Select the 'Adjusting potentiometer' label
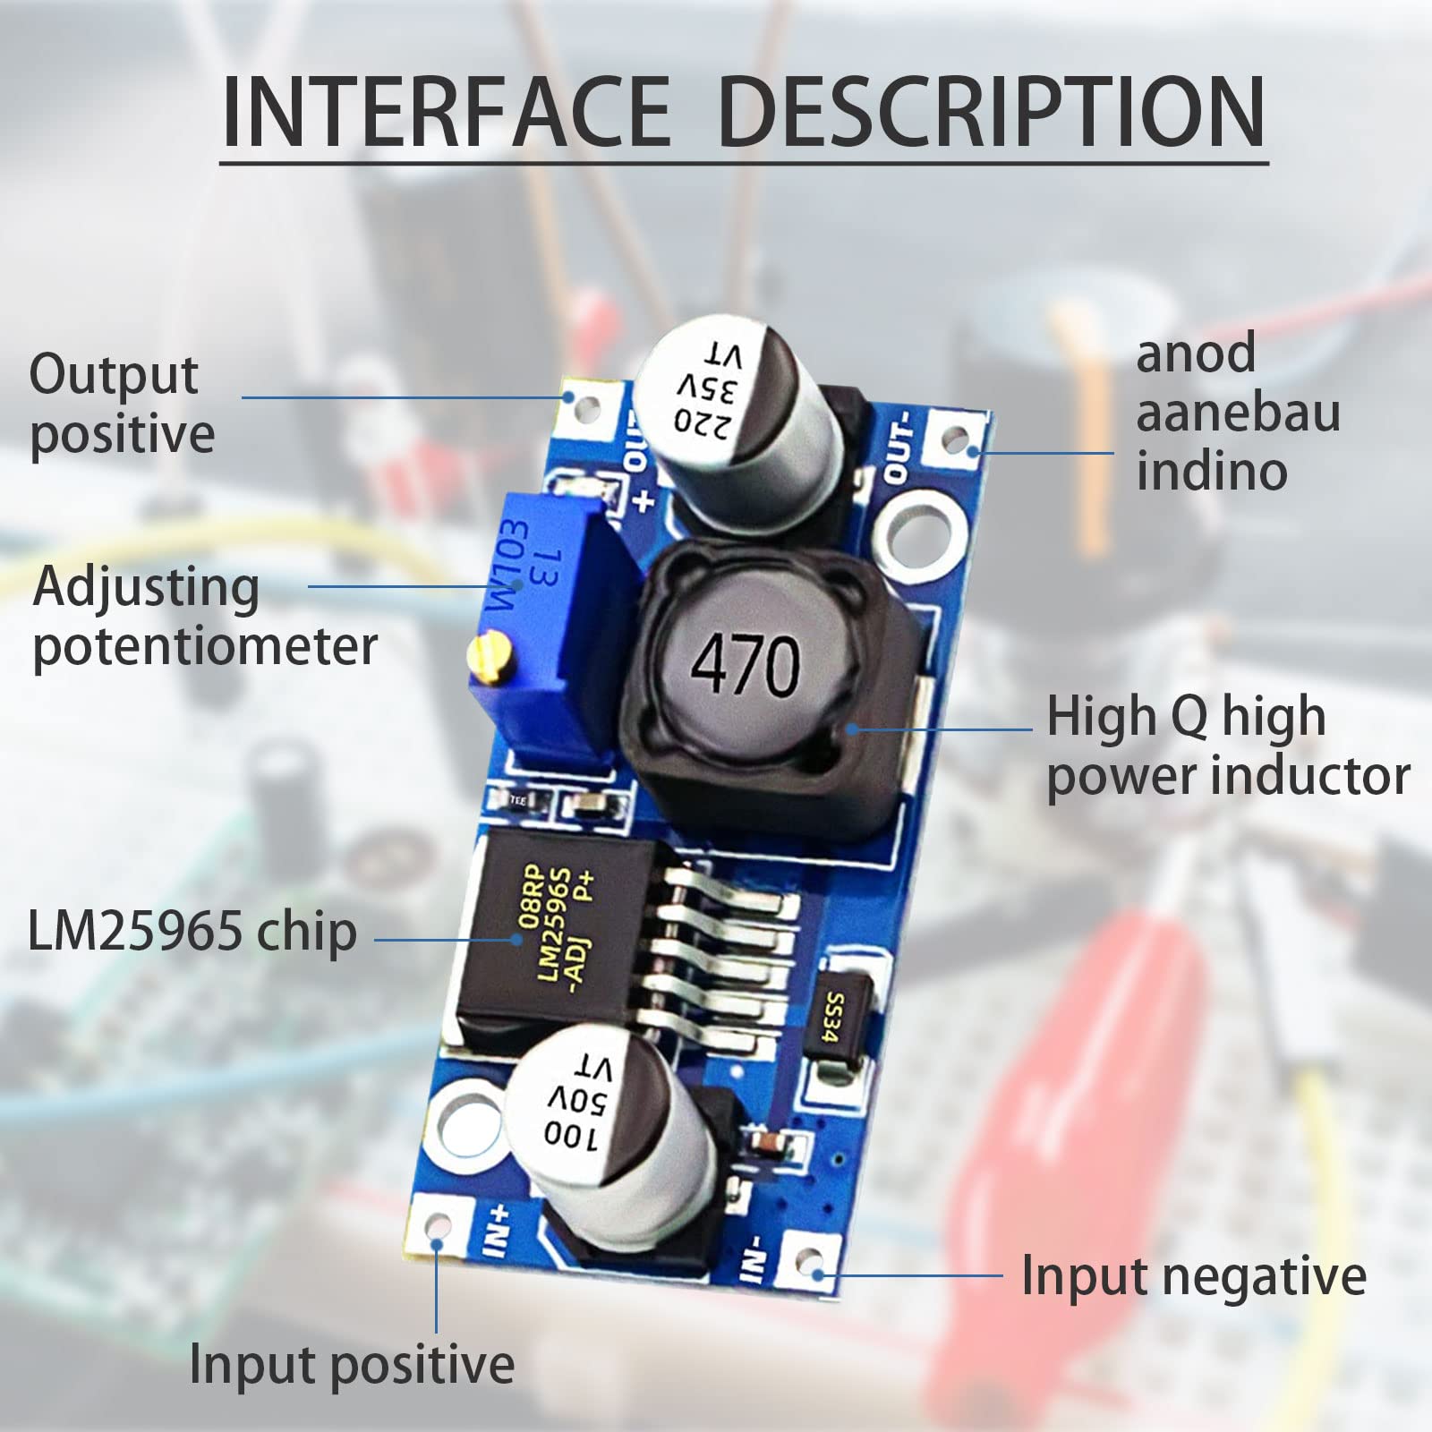click(x=204, y=617)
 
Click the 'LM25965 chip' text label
click(x=192, y=932)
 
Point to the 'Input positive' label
click(x=352, y=1365)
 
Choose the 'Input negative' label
click(x=1193, y=1275)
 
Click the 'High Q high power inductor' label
click(x=1227, y=746)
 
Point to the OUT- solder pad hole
click(x=956, y=439)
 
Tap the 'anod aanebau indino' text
click(x=1238, y=412)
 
